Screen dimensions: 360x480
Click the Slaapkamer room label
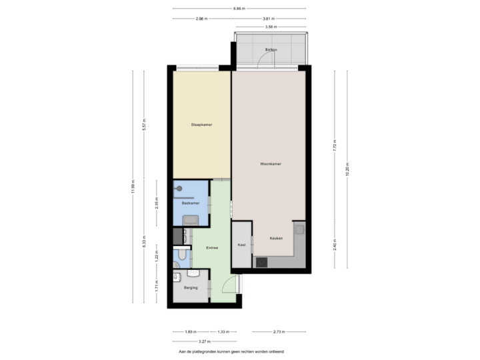point(201,124)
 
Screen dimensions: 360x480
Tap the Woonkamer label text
point(269,164)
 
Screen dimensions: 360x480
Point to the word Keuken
point(276,238)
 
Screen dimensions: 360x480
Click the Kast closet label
point(241,245)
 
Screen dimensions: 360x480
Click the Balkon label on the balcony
point(270,50)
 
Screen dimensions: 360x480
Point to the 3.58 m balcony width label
point(270,27)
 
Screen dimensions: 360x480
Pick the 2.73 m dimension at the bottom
point(280,332)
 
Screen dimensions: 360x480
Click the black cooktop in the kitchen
point(261,262)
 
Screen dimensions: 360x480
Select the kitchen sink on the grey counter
point(300,231)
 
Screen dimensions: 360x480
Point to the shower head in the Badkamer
point(178,189)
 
